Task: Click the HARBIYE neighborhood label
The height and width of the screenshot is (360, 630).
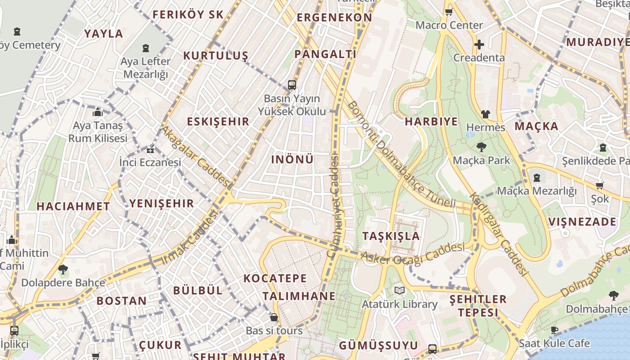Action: click(x=431, y=121)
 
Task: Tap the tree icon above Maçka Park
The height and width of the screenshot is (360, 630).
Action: click(x=481, y=147)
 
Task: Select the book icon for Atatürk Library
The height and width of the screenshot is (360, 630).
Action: click(x=399, y=290)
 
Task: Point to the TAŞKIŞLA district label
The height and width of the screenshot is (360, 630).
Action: click(x=391, y=236)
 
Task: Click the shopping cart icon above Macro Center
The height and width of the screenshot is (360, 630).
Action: click(x=448, y=12)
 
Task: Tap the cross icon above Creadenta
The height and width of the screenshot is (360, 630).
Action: click(x=479, y=45)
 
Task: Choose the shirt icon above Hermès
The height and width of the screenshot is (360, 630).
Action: click(x=485, y=114)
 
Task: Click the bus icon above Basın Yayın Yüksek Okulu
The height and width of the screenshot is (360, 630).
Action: click(x=292, y=85)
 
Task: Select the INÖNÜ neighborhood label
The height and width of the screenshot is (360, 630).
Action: click(x=292, y=159)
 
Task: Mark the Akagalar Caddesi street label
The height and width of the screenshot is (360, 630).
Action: click(x=196, y=156)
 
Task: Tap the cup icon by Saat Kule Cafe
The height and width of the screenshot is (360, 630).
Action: click(x=554, y=330)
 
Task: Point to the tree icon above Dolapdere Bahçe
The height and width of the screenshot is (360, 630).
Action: click(x=63, y=270)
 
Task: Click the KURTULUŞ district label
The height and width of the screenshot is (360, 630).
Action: click(x=216, y=56)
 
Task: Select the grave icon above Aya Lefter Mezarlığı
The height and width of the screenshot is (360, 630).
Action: click(x=145, y=48)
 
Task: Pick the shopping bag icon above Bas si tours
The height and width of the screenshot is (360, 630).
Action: click(x=274, y=317)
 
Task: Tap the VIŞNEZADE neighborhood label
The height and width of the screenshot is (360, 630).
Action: click(x=582, y=222)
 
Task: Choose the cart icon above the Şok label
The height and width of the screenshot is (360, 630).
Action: click(x=599, y=185)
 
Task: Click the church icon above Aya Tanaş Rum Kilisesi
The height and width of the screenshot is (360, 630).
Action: click(x=98, y=112)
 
